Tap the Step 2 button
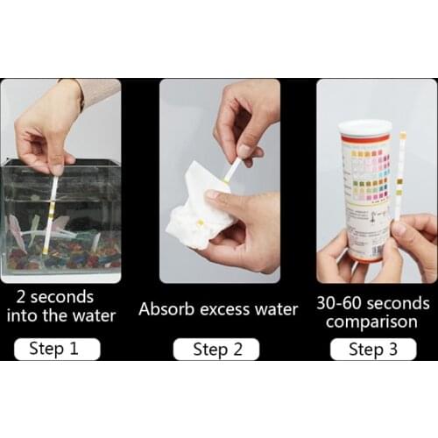(x=216, y=349)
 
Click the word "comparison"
(x=373, y=321)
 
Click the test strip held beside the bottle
(x=401, y=175)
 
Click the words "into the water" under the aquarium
(x=60, y=315)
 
